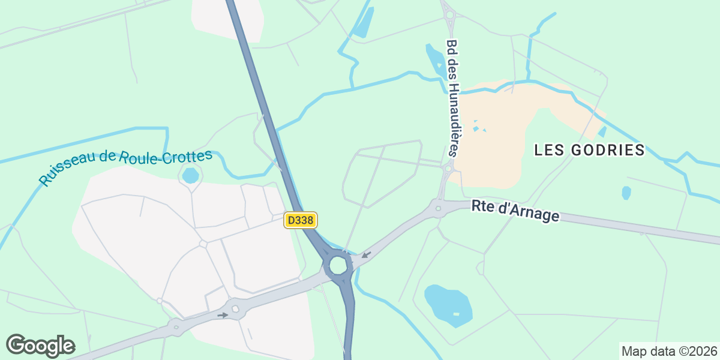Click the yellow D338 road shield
[x=300, y=220]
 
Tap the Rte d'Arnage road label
[x=515, y=211]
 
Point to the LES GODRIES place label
[x=589, y=150]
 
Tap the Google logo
[x=40, y=346]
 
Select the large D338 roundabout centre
[x=338, y=265]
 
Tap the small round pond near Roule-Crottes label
[x=190, y=175]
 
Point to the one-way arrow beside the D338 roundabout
[x=366, y=255]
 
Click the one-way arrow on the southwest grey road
[x=223, y=314]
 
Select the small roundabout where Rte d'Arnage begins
[x=439, y=208]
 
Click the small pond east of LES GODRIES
[x=626, y=193]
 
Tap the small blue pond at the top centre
[x=364, y=22]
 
